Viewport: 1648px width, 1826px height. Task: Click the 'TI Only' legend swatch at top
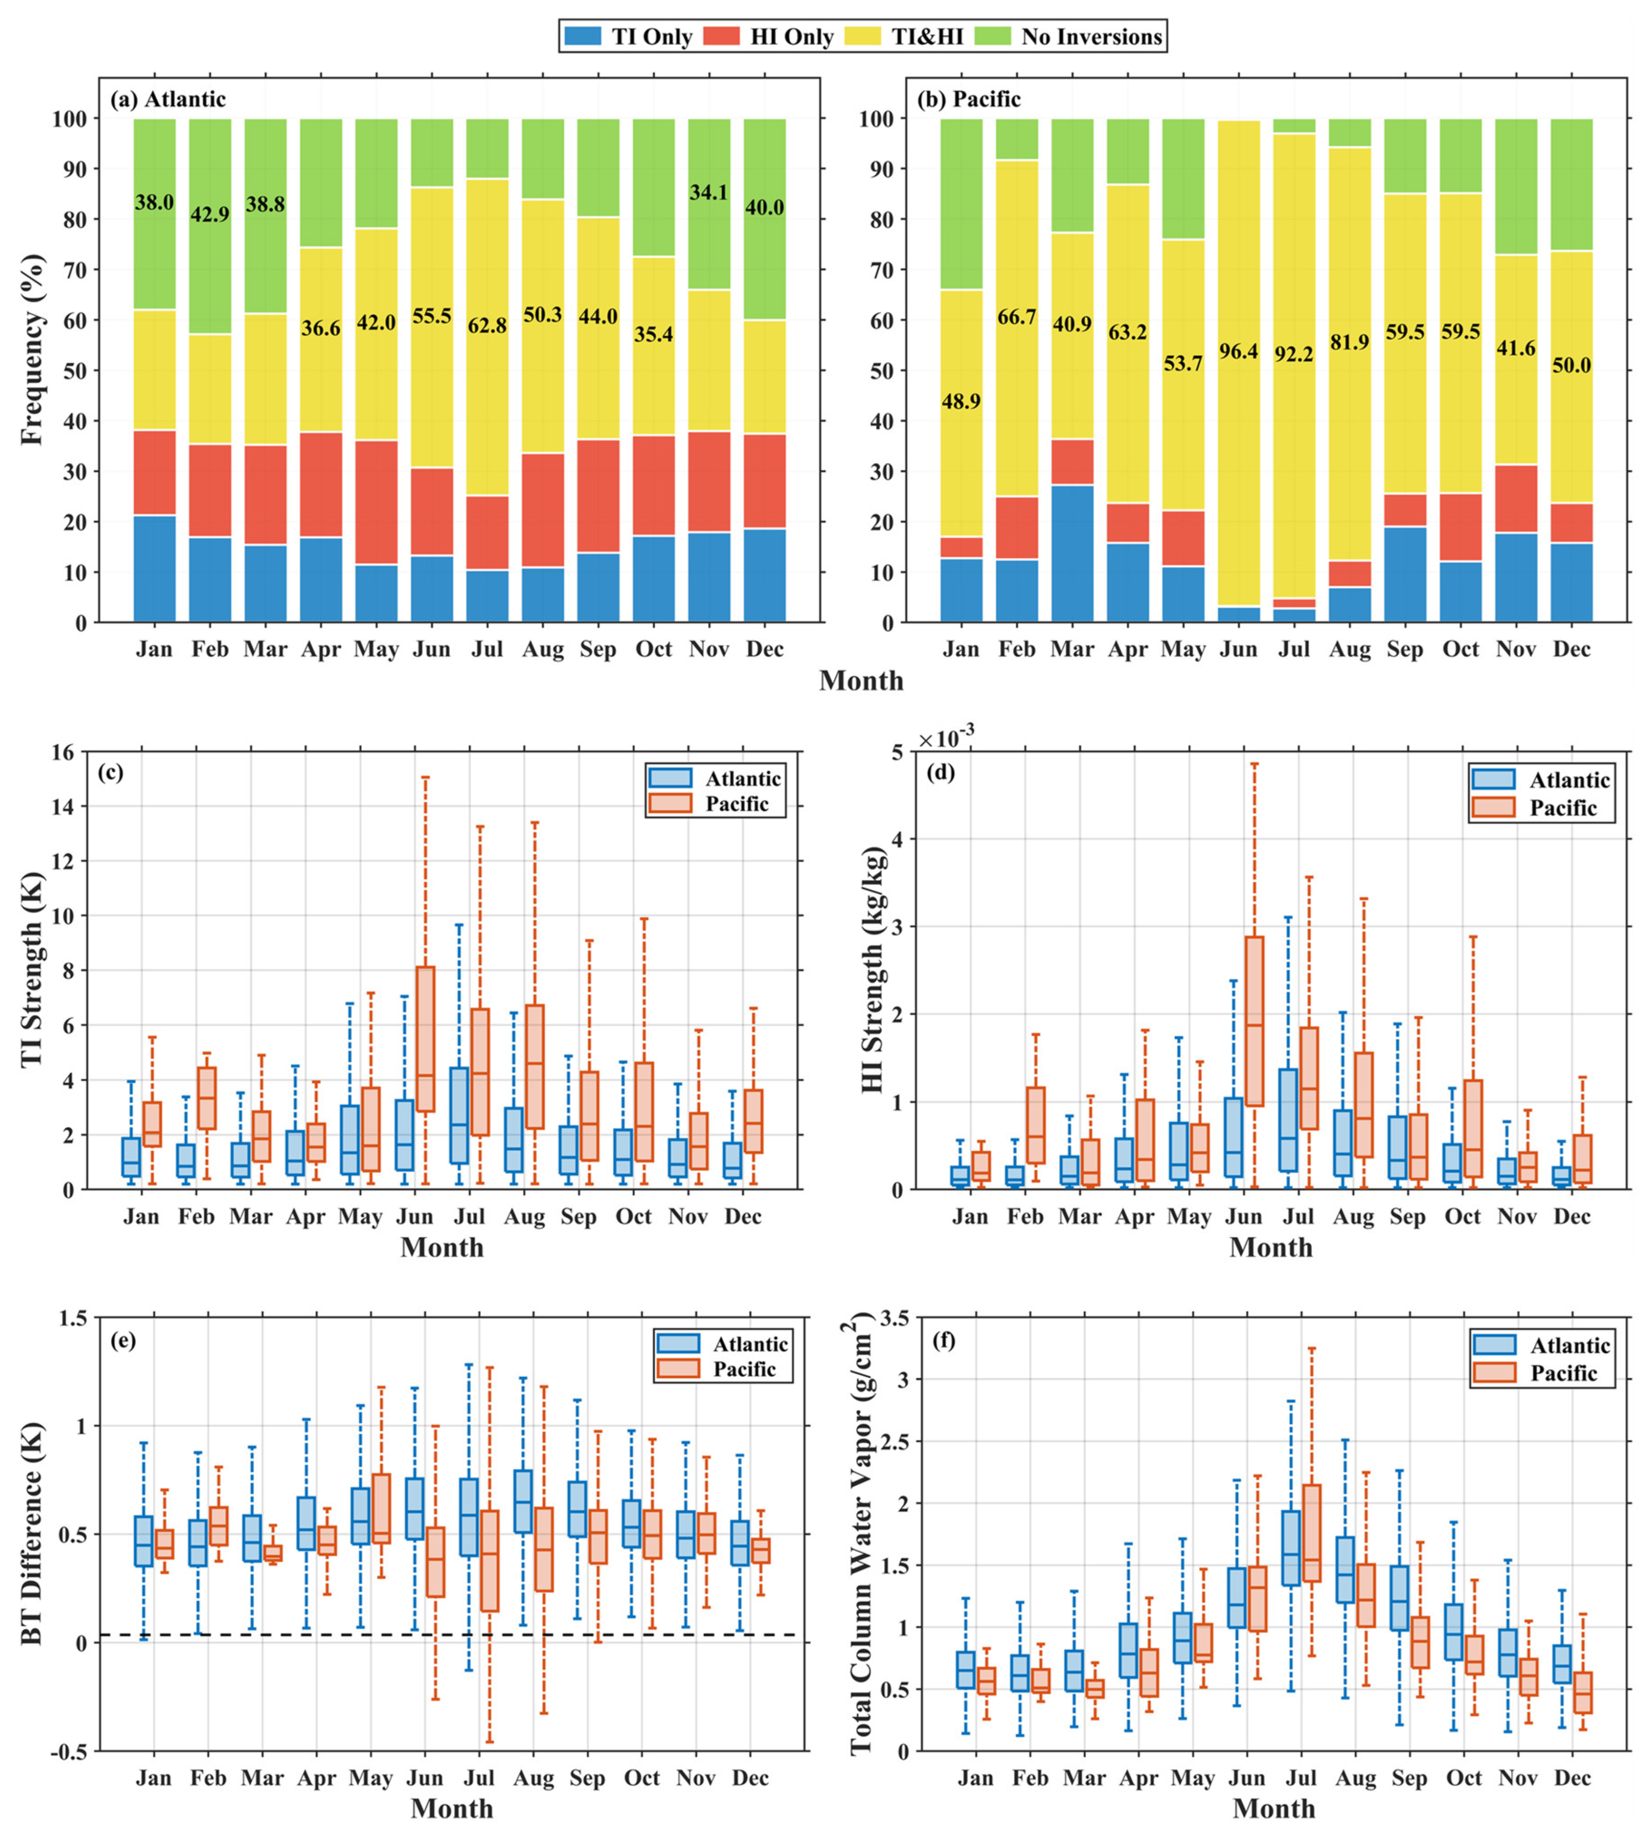[x=583, y=36]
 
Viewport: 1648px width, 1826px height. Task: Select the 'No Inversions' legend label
[x=1091, y=36]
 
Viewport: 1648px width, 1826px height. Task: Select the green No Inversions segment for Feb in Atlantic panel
[x=210, y=226]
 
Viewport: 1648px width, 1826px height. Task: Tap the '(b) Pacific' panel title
[x=969, y=99]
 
